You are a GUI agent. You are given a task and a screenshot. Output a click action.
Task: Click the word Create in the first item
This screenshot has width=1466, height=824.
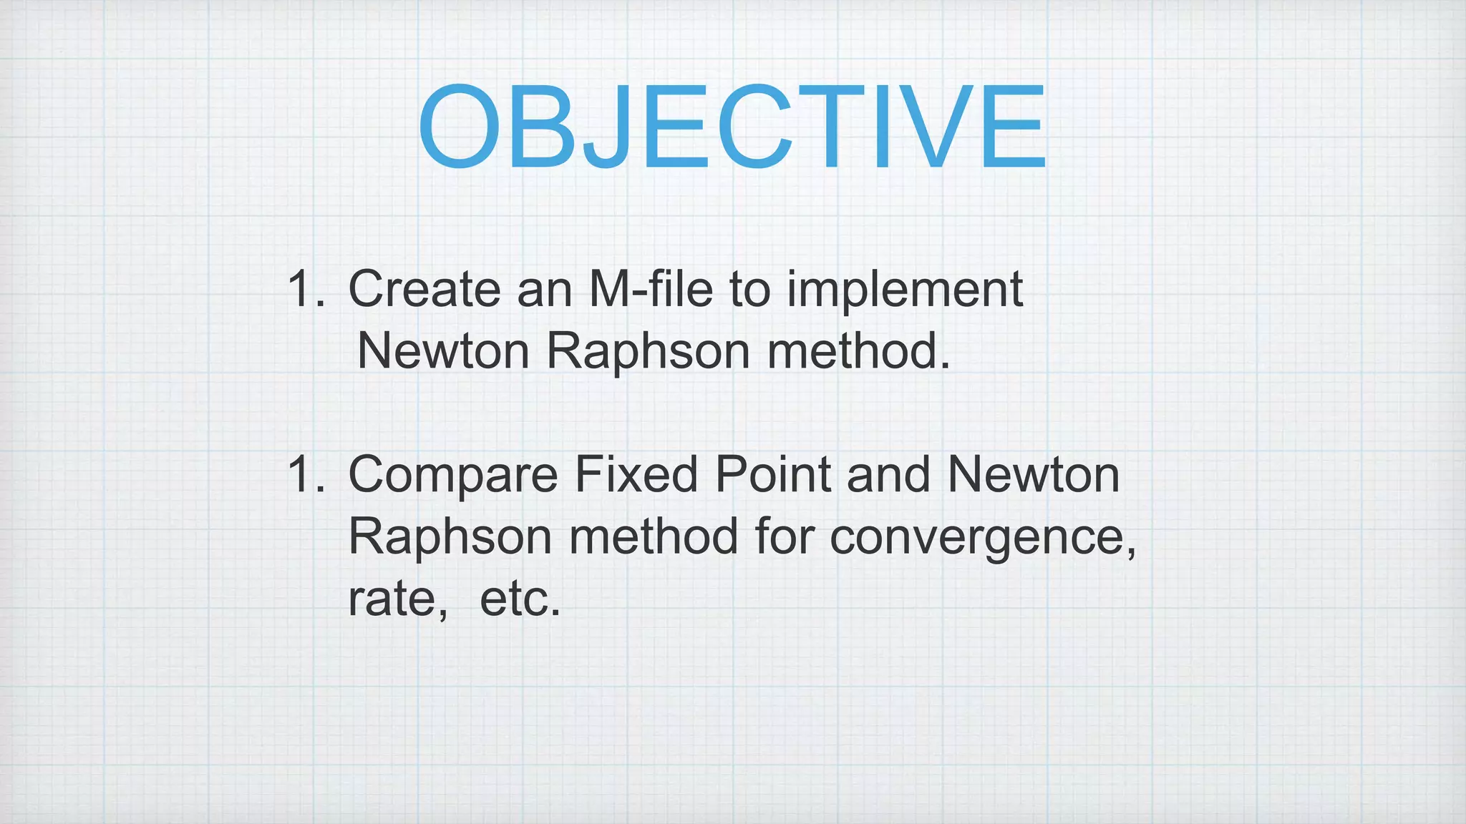(424, 289)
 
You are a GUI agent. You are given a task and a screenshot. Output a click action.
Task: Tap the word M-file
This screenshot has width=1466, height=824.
(651, 289)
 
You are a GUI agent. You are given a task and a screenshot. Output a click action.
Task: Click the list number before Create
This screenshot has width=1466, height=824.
(306, 289)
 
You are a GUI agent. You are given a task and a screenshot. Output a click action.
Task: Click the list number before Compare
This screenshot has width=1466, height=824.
(306, 474)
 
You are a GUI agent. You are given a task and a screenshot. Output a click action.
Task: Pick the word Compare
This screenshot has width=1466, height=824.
(452, 476)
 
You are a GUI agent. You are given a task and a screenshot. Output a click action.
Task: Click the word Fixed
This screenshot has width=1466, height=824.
(636, 474)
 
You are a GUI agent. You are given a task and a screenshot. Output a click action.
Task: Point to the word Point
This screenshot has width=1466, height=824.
(772, 474)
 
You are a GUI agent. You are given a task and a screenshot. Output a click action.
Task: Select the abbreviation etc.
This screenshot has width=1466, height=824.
(520, 599)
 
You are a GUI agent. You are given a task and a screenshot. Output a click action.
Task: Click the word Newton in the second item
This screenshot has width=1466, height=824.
(1033, 474)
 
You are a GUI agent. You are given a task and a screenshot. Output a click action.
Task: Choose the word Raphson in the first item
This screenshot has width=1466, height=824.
(648, 353)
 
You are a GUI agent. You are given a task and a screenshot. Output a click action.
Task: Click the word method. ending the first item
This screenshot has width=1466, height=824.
(858, 351)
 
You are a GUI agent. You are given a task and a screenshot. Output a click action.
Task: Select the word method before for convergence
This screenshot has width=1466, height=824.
(653, 536)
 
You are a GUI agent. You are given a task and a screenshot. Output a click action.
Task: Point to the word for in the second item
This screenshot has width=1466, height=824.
(784, 536)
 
